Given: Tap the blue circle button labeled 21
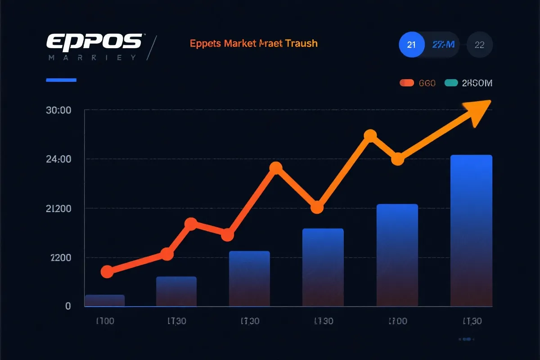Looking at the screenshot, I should tap(411, 45).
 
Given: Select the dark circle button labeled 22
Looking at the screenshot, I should tap(480, 45).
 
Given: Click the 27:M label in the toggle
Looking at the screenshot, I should tap(443, 45).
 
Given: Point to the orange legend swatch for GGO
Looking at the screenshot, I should tap(406, 83).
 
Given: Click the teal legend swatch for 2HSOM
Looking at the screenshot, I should tap(451, 83).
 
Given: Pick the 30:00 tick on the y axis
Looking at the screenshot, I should tap(59, 110).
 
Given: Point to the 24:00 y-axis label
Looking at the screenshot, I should tap(59, 159).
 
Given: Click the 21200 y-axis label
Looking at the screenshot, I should tap(59, 209).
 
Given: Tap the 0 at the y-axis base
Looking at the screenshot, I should tap(68, 306).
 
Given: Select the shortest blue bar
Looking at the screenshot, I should tap(104, 300).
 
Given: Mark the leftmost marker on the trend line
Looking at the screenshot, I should tap(107, 271).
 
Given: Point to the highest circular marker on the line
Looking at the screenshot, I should tap(370, 135).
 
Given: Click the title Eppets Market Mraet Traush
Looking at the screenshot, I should tap(254, 44).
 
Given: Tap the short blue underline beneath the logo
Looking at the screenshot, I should tap(62, 80).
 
